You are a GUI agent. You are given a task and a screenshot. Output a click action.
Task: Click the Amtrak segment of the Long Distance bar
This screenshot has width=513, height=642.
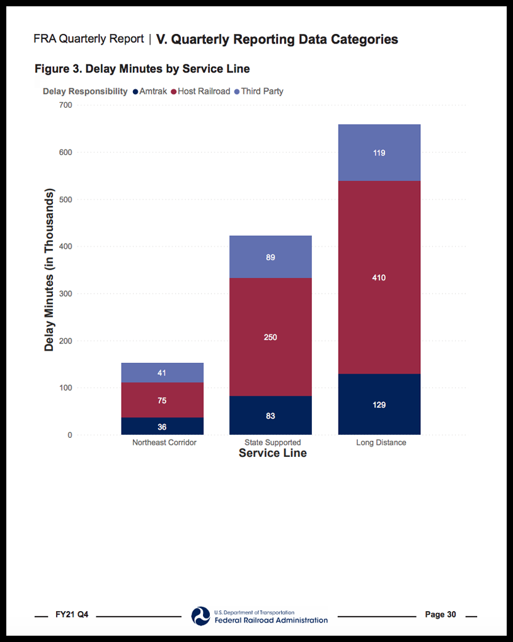(x=379, y=404)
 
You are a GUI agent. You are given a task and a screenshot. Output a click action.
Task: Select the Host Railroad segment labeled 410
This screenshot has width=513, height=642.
(x=379, y=278)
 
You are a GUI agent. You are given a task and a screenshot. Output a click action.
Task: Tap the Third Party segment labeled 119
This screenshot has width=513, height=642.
(x=379, y=153)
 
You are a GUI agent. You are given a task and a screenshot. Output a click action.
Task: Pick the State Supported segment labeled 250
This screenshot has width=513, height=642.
(x=270, y=337)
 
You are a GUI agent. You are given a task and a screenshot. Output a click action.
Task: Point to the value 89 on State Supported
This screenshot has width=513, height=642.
(x=270, y=257)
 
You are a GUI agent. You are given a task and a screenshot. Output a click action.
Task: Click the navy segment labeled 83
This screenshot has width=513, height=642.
(x=270, y=416)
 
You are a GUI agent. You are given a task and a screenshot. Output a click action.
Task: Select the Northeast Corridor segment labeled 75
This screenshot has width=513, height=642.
(x=162, y=401)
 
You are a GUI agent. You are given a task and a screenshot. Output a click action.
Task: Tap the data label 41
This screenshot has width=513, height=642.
(x=162, y=373)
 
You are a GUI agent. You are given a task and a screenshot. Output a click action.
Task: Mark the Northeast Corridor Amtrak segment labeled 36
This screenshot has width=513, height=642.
(x=162, y=427)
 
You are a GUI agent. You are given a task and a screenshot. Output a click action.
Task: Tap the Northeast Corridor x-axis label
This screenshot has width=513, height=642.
(x=164, y=443)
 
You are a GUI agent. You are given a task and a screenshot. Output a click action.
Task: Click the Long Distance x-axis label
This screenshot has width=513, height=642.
(x=381, y=443)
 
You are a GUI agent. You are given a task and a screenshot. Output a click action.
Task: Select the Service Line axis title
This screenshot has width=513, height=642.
(x=273, y=453)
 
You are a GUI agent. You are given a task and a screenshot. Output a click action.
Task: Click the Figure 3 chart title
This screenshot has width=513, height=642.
(x=142, y=69)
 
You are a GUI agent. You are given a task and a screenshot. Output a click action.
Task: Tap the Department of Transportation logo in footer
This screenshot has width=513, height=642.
(x=201, y=616)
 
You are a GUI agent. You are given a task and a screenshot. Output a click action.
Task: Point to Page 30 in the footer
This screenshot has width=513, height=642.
(x=441, y=615)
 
